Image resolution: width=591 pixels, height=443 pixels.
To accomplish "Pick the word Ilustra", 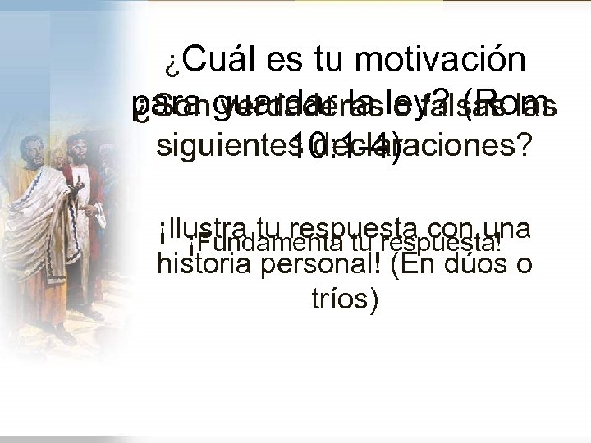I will click(202, 228).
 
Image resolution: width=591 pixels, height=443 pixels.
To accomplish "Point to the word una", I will click(506, 228).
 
